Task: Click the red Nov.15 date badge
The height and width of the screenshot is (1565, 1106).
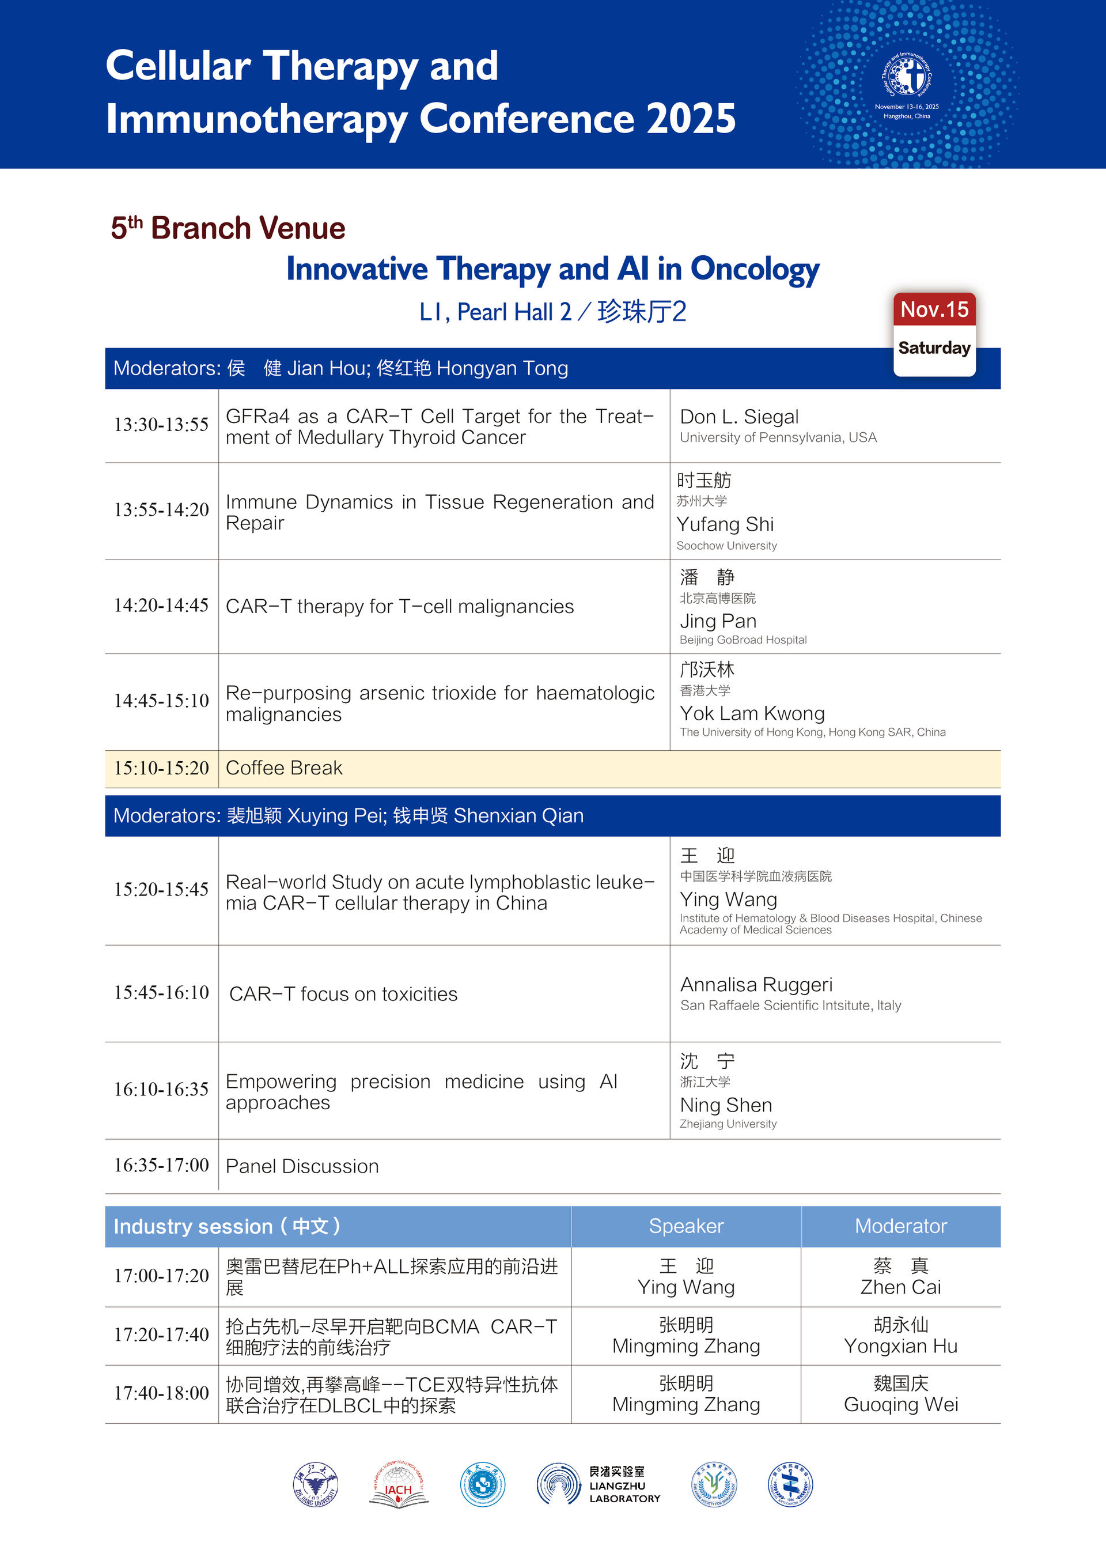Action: point(934,310)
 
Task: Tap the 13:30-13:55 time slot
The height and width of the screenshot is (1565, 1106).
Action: point(161,425)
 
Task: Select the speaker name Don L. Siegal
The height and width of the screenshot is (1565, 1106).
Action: point(738,417)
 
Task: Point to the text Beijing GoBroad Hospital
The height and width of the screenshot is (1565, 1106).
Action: point(743,640)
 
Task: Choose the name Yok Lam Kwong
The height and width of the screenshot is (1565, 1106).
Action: point(752,714)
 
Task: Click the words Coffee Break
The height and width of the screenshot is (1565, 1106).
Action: point(283,768)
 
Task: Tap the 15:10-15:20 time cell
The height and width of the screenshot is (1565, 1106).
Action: point(161,768)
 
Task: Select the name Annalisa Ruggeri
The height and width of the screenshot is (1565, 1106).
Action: point(756,985)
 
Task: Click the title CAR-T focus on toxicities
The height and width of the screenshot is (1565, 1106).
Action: point(343,995)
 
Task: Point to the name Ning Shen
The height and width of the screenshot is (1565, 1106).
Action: point(726,1105)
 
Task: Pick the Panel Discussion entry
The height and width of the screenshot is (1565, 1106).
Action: point(302,1166)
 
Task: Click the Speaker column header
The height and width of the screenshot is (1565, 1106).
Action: point(685,1226)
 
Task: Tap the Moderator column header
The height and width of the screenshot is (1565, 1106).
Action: point(900,1226)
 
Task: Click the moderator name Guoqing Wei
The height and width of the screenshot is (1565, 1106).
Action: point(900,1404)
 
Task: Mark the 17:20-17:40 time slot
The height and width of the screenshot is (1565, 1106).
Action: point(161,1335)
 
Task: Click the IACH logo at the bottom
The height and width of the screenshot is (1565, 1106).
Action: point(398,1484)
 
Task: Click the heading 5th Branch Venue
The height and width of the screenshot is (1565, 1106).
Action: point(228,228)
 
